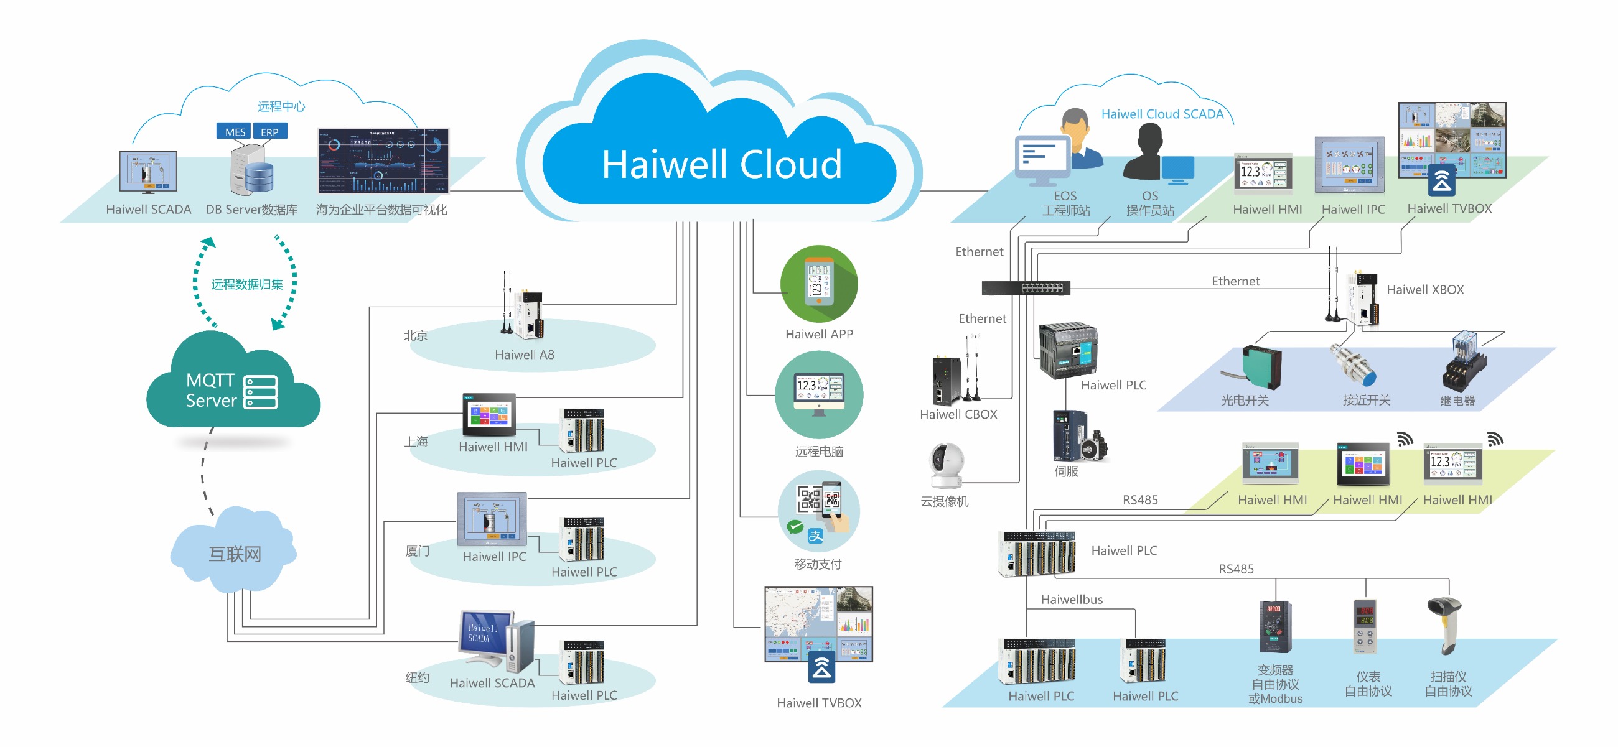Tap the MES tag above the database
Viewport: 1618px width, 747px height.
click(x=235, y=132)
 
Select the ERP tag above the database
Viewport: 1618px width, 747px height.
click(x=269, y=132)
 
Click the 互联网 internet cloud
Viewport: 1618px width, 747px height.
click(x=233, y=552)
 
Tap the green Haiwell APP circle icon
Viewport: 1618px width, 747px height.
click(x=818, y=283)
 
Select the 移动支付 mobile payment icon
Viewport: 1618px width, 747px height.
click(x=818, y=511)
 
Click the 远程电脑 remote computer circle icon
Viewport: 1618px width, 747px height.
click(x=818, y=395)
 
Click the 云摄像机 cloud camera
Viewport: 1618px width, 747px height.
click(x=946, y=466)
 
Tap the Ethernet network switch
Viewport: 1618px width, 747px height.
click(x=1025, y=287)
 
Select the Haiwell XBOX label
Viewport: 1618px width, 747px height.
click(x=1424, y=289)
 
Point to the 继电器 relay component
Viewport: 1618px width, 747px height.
click(x=1464, y=364)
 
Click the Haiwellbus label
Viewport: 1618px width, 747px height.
click(x=1072, y=599)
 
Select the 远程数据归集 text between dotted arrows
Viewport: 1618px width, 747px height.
click(x=247, y=284)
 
